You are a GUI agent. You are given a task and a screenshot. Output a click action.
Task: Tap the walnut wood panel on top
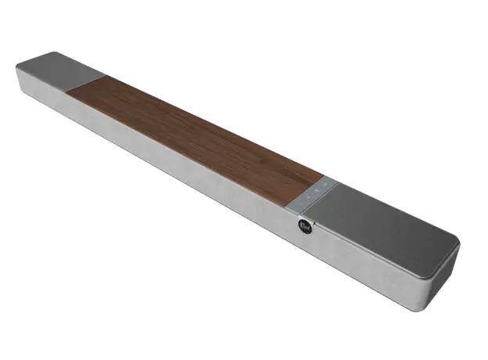tap(196, 133)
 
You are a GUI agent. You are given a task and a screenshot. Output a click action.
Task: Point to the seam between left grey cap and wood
tap(88, 82)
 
